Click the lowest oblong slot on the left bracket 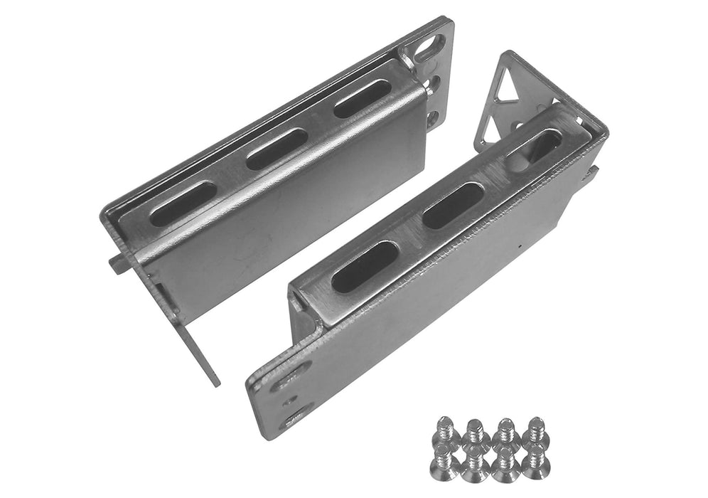[183, 203]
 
